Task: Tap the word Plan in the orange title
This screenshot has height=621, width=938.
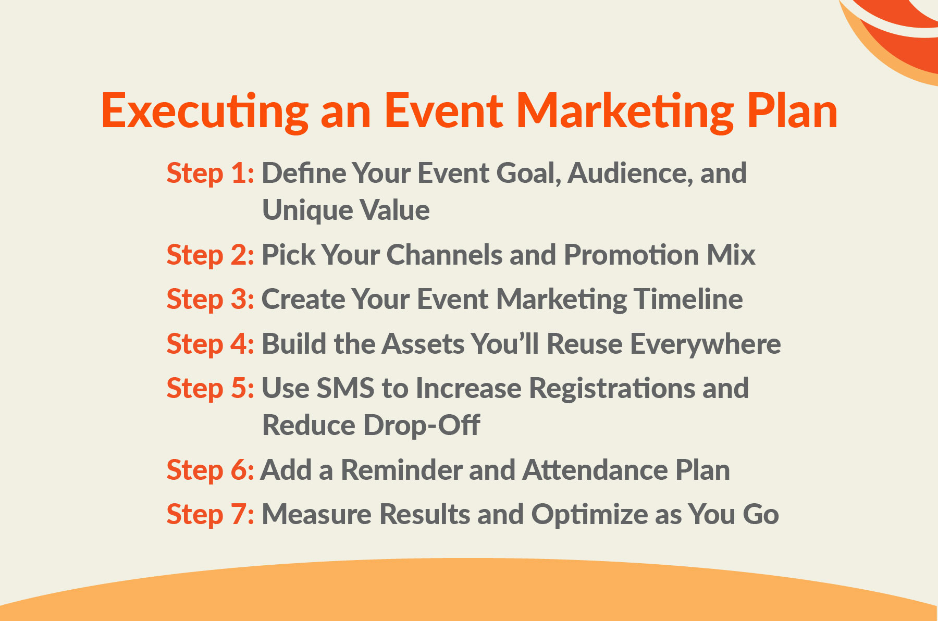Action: (x=792, y=111)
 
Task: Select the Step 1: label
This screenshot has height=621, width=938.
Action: (x=211, y=173)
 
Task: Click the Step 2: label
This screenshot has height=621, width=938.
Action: (x=211, y=255)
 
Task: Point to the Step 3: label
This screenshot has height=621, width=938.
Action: (x=211, y=300)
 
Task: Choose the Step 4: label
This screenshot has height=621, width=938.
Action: (x=211, y=344)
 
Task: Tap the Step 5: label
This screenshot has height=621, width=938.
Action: (x=211, y=389)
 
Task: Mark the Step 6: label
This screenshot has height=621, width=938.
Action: (x=211, y=470)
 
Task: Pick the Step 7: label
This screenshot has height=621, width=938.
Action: (x=211, y=515)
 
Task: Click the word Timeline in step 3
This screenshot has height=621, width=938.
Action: (x=688, y=300)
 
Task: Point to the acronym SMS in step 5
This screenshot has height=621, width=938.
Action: (x=345, y=389)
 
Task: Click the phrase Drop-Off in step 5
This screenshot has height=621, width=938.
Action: (x=422, y=426)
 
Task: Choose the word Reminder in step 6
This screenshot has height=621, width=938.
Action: (x=401, y=470)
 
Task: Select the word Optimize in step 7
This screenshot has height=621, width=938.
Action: (x=589, y=515)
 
